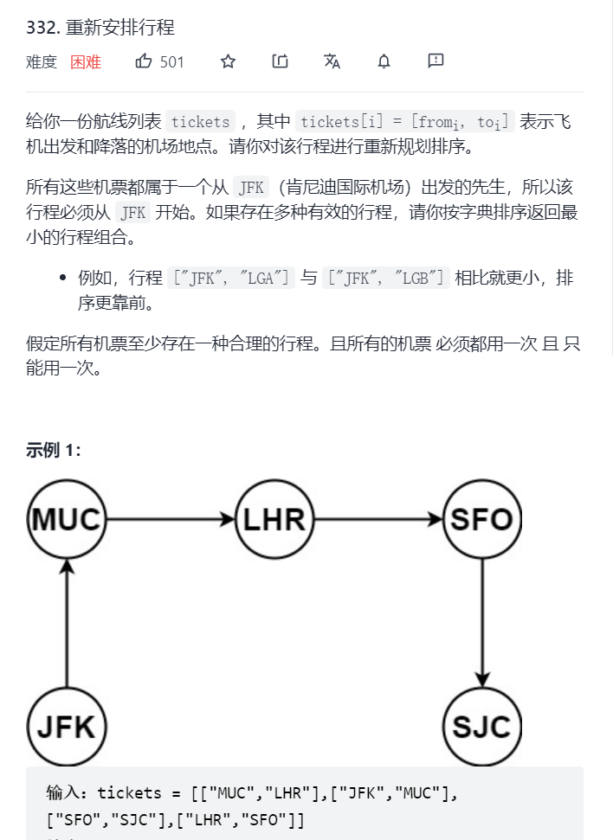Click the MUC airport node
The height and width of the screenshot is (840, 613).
click(x=67, y=520)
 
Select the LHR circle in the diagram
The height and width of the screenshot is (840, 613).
click(x=274, y=520)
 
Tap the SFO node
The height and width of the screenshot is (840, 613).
click(x=482, y=520)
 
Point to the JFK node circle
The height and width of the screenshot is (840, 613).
click(x=67, y=726)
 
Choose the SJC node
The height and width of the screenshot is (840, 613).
click(x=482, y=726)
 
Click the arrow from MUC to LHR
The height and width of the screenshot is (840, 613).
click(x=171, y=520)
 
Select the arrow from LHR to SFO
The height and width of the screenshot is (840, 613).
click(x=378, y=520)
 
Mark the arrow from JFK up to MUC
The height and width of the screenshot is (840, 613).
click(x=67, y=623)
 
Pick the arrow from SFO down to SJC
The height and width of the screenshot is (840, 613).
click(x=482, y=623)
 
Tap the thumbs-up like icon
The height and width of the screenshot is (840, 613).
click(x=144, y=61)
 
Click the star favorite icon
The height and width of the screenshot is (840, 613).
click(x=228, y=61)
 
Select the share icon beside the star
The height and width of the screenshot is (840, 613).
click(x=280, y=61)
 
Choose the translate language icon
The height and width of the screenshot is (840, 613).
click(x=332, y=61)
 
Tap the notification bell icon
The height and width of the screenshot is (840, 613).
click(x=384, y=61)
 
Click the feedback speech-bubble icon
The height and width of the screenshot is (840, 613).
click(x=436, y=61)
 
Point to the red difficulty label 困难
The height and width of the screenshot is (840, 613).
click(x=86, y=62)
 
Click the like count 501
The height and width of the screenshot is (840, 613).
click(x=172, y=62)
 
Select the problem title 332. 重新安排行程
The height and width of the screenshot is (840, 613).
click(x=100, y=27)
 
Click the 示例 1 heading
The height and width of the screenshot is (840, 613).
click(x=54, y=451)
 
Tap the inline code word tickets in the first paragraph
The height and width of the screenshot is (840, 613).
click(x=201, y=122)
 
